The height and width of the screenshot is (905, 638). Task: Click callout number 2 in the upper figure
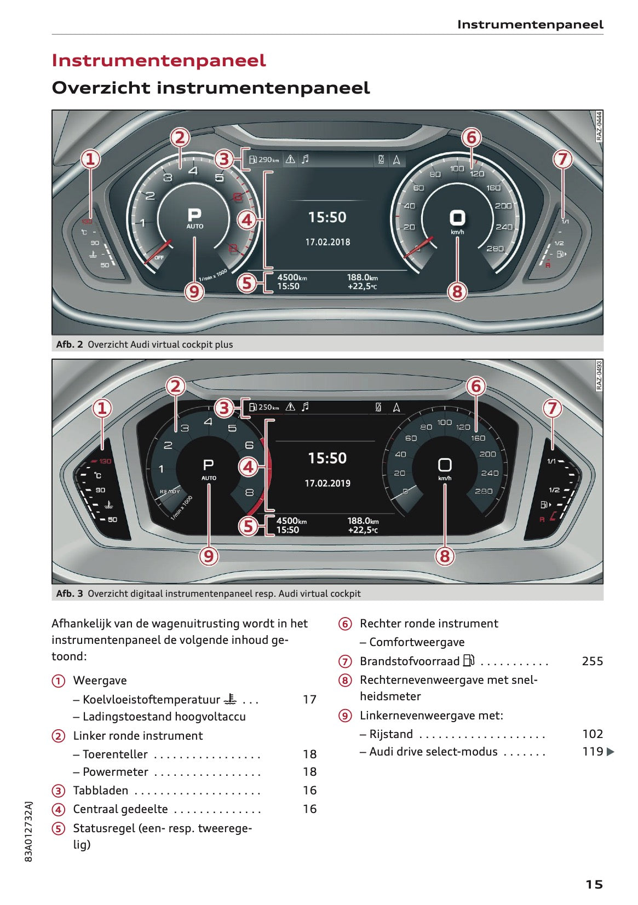[180, 137]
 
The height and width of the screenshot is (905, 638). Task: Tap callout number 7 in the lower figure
[552, 408]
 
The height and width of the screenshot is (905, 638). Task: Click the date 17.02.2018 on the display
[327, 242]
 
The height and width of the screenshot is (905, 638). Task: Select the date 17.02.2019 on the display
[327, 483]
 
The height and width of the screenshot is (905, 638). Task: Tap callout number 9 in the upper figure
[194, 291]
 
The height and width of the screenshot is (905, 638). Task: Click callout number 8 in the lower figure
[445, 556]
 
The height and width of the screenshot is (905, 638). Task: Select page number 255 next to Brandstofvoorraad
[592, 661]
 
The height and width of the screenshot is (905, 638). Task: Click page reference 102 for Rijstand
[592, 734]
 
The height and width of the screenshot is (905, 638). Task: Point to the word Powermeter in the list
[115, 772]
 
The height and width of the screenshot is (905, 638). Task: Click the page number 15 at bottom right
[594, 885]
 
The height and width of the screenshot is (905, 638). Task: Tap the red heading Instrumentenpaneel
[159, 60]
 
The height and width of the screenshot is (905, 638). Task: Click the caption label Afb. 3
[70, 593]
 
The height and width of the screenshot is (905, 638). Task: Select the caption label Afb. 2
[70, 344]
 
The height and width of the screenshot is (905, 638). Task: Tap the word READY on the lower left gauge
[170, 492]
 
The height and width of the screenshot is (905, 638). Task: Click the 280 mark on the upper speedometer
[495, 249]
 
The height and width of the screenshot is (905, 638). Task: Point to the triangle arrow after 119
[611, 752]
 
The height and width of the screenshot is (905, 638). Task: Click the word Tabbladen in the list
[101, 791]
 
